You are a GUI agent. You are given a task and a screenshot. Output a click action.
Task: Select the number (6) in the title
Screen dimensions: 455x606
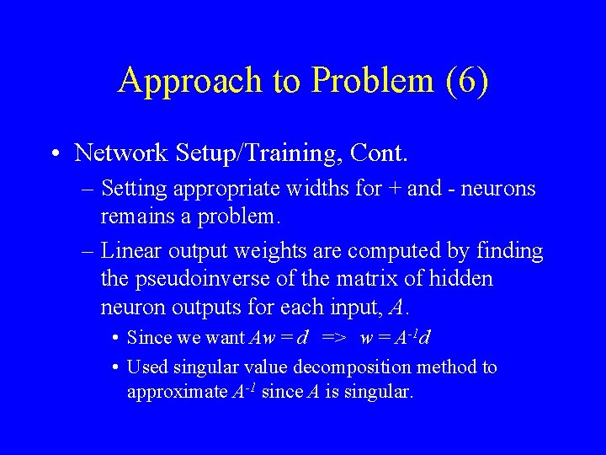(x=467, y=81)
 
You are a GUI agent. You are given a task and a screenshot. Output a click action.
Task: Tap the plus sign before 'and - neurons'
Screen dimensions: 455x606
(x=396, y=189)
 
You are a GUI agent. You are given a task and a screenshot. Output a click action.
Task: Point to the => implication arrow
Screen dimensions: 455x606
(x=334, y=339)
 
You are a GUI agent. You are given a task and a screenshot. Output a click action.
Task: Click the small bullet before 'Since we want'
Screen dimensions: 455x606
(x=114, y=339)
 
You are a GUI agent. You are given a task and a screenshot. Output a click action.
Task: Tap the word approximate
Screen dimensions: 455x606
(x=176, y=392)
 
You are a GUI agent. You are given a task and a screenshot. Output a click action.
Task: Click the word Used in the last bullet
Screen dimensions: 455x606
(x=145, y=367)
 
